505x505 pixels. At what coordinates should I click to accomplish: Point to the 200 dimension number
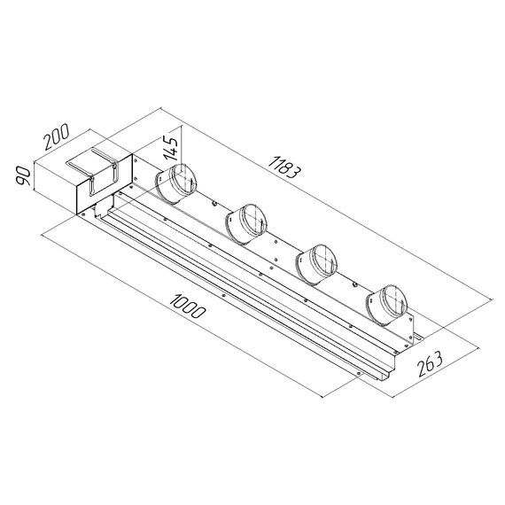(x=56, y=140)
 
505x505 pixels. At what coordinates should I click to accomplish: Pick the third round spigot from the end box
(x=316, y=262)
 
